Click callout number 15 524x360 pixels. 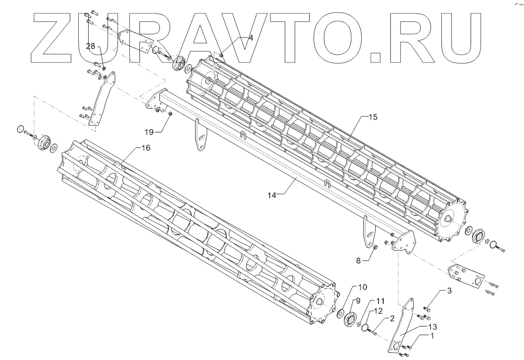pyautogui.click(x=372, y=117)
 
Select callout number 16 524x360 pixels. pyautogui.click(x=146, y=148)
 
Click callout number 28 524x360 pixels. pyautogui.click(x=91, y=46)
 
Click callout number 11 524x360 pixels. pyautogui.click(x=379, y=301)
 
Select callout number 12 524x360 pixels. pyautogui.click(x=377, y=310)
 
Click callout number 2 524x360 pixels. pyautogui.click(x=391, y=318)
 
